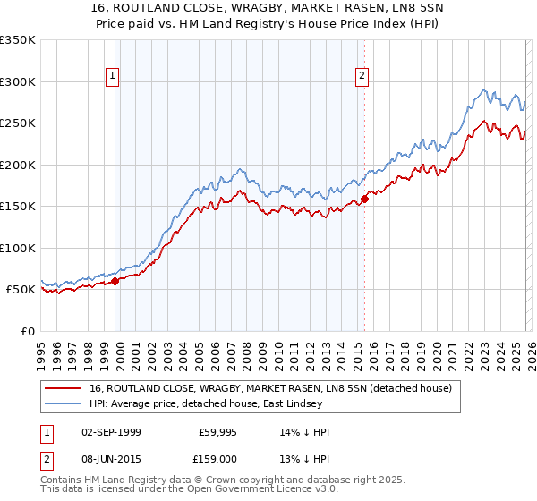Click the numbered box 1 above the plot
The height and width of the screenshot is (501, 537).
coord(113,77)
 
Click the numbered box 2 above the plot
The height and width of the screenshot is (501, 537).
coord(362,77)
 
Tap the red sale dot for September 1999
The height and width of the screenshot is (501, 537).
coord(115,281)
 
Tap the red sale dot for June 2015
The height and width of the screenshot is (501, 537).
coord(364,199)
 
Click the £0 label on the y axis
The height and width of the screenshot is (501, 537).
coord(27,331)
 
